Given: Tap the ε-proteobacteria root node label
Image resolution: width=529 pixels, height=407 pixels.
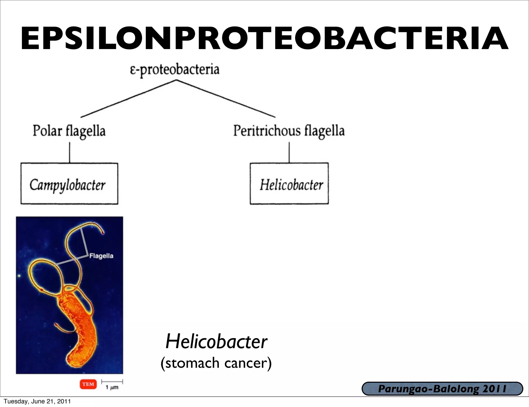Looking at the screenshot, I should click(175, 69).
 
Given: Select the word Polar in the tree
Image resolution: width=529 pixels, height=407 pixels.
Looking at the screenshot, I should click(47, 131).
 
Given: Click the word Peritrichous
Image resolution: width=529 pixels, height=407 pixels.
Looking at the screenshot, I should click(267, 131).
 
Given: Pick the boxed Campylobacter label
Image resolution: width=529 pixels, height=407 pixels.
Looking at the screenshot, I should click(68, 185).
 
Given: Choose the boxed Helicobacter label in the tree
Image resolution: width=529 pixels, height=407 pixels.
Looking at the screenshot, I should click(291, 185).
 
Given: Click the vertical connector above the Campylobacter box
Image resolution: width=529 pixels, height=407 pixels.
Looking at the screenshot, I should click(69, 152).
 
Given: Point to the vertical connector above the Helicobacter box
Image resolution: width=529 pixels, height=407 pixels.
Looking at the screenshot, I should click(289, 152).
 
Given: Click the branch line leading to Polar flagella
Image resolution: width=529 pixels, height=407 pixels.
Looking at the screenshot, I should click(128, 99).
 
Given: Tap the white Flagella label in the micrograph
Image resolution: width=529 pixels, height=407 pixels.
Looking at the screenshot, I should click(101, 256).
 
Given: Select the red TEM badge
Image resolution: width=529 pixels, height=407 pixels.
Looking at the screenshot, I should click(88, 384).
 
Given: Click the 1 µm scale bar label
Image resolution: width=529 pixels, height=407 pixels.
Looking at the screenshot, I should click(112, 387).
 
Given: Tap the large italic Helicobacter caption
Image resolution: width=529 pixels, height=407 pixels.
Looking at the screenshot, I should click(216, 341).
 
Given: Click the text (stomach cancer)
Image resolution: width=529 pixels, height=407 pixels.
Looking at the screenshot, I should click(216, 363).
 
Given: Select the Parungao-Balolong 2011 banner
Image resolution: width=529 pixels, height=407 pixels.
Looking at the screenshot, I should click(442, 389).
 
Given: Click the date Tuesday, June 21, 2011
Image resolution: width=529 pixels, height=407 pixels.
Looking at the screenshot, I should click(37, 401).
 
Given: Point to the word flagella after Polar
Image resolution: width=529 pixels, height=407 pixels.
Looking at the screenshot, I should click(85, 131).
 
